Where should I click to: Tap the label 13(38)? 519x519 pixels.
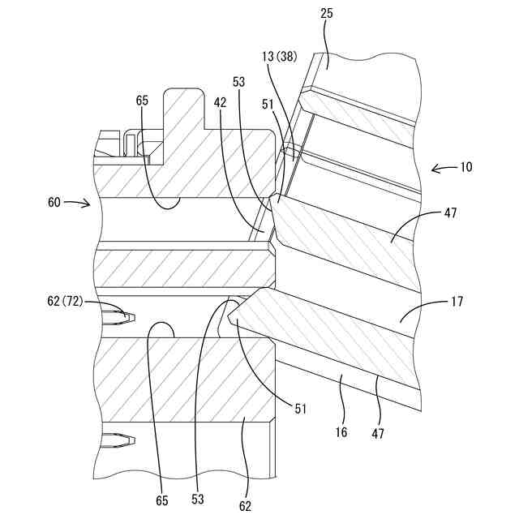[280, 58]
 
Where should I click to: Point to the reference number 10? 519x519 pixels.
[465, 167]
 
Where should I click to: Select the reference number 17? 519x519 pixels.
[457, 302]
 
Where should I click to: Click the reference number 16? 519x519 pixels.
[341, 432]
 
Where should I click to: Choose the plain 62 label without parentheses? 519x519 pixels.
[246, 506]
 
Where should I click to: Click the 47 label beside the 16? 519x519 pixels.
[378, 433]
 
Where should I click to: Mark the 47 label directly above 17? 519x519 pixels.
[451, 213]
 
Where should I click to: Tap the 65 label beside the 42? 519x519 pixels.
[142, 101]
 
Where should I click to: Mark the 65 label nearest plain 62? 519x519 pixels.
[162, 500]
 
